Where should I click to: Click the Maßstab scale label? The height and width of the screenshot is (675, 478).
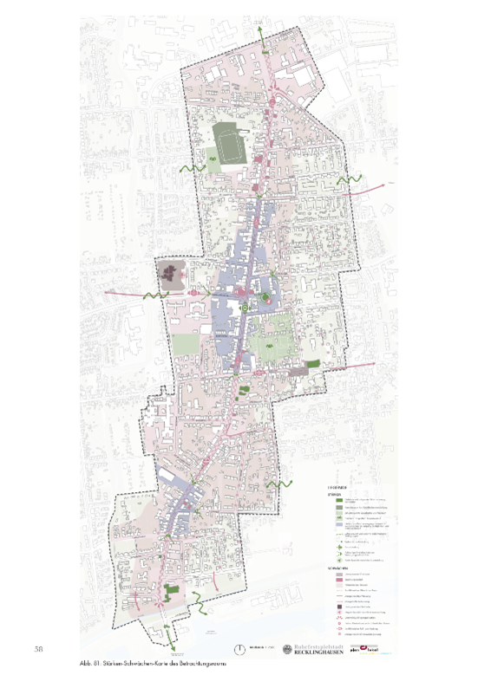pyautogui.click(x=258, y=648)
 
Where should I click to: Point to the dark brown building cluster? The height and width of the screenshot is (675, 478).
pyautogui.click(x=171, y=276)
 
